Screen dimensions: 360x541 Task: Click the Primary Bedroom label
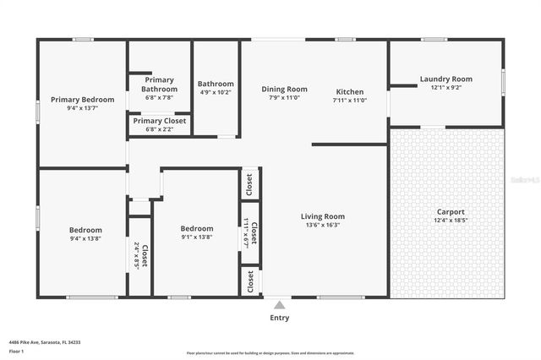(x=82, y=100)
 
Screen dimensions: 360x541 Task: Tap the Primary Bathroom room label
(x=159, y=85)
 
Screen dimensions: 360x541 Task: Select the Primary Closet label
(x=159, y=121)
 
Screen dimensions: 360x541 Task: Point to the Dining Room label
(x=284, y=89)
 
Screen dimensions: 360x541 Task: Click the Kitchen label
(x=350, y=92)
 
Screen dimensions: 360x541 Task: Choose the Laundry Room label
(x=445, y=79)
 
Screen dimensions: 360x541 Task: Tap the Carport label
(x=450, y=212)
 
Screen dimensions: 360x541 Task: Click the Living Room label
(x=323, y=216)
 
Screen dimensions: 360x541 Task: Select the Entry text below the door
(x=279, y=318)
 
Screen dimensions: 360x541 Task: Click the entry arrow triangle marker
(x=279, y=303)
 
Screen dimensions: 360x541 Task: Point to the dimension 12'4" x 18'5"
(x=450, y=221)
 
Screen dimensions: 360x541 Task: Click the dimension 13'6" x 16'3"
(x=323, y=226)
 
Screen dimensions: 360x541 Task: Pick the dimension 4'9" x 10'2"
(x=216, y=93)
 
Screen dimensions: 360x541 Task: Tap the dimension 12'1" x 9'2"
(x=445, y=88)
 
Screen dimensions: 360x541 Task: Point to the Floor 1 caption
(x=16, y=351)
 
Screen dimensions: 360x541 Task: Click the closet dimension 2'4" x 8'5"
(x=137, y=254)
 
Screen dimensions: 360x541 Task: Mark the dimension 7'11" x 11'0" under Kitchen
(x=350, y=101)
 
